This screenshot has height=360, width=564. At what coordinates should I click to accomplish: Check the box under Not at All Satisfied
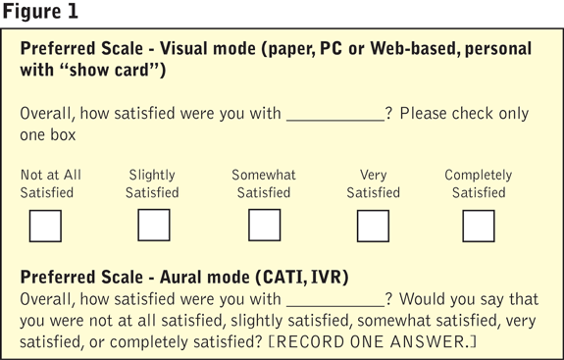45,226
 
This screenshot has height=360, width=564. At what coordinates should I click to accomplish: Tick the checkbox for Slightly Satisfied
154,226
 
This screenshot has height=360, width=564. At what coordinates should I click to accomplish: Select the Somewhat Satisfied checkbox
265,226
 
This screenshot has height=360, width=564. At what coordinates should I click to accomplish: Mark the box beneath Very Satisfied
373,226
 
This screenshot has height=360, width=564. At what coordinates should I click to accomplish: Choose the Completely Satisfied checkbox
479,226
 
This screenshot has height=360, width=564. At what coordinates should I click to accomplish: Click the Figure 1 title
40,11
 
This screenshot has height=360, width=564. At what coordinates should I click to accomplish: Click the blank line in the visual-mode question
335,121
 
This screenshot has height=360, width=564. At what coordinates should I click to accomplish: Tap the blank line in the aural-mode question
335,306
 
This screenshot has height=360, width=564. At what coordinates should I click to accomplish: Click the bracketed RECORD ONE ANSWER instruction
373,341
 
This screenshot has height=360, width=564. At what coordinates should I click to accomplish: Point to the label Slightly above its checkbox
152,176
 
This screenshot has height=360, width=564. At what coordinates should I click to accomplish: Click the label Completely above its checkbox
479,176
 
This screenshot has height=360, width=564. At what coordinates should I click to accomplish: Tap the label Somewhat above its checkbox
264,175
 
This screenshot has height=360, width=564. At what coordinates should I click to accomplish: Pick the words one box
48,134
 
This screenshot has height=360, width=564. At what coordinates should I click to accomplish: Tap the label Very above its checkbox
374,176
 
